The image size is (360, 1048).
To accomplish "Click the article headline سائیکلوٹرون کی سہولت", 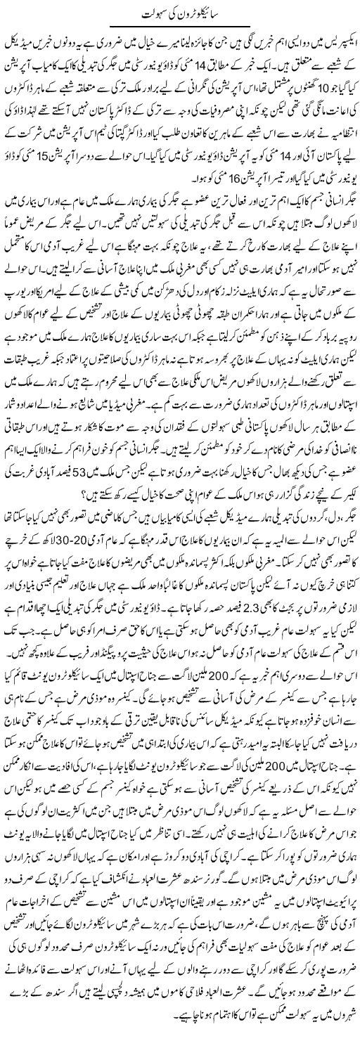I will pos(180,13).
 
